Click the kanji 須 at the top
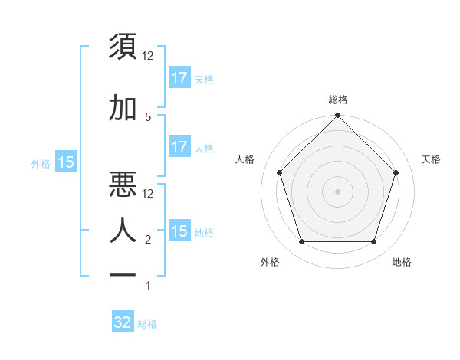[x=124, y=47]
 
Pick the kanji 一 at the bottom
[x=124, y=274]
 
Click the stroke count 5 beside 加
[x=148, y=116]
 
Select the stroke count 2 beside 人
[x=148, y=240]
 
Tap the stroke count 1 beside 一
[x=148, y=286]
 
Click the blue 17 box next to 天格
[x=179, y=77]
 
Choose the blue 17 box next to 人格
[x=179, y=147]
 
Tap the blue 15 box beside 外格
[x=66, y=162]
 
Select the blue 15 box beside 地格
[x=179, y=231]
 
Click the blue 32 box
[x=123, y=322]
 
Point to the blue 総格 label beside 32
[x=148, y=324]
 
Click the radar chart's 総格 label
[x=338, y=100]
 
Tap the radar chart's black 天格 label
[x=432, y=159]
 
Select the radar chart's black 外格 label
[x=270, y=262]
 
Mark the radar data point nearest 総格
[x=338, y=117]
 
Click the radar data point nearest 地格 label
[x=374, y=242]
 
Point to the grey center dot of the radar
[x=338, y=191]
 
